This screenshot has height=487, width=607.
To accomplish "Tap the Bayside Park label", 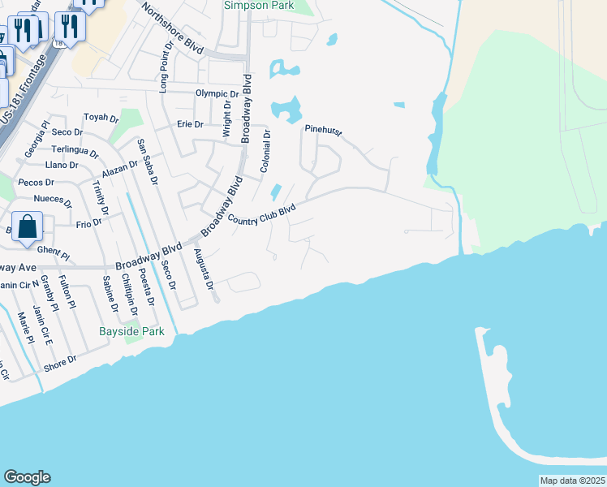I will pyautogui.click(x=131, y=331).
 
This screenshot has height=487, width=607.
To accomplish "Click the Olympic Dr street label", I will pyautogui.click(x=217, y=93).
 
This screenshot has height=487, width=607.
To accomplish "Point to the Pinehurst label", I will pyautogui.click(x=324, y=129).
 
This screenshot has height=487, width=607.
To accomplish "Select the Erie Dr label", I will pyautogui.click(x=190, y=124).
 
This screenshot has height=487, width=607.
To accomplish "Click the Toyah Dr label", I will pyautogui.click(x=101, y=118).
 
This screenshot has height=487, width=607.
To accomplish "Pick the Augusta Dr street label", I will pyautogui.click(x=203, y=269).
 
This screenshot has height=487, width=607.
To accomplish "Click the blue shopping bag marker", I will pyautogui.click(x=28, y=226).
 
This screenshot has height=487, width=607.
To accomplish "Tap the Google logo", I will pyautogui.click(x=27, y=476).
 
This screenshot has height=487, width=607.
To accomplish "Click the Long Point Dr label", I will pyautogui.click(x=164, y=70).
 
